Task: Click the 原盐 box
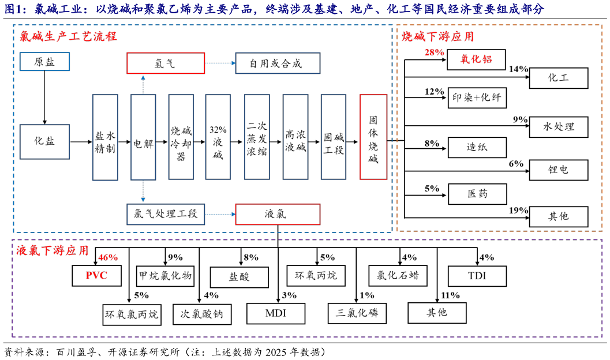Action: tap(44, 62)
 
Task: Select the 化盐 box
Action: tap(44, 141)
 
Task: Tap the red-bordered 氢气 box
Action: tap(166, 63)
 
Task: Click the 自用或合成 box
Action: tap(276, 63)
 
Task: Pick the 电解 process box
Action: tap(143, 137)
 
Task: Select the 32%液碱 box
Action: tap(218, 137)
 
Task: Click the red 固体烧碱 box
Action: tap(373, 137)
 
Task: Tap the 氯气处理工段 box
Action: tap(166, 213)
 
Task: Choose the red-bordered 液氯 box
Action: tap(277, 213)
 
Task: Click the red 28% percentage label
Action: tap(434, 52)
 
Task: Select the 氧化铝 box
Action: tap(477, 59)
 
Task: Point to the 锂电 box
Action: tap(558, 170)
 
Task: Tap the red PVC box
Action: tap(97, 276)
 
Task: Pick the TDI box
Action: tap(477, 276)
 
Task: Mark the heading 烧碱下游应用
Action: tap(438, 36)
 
